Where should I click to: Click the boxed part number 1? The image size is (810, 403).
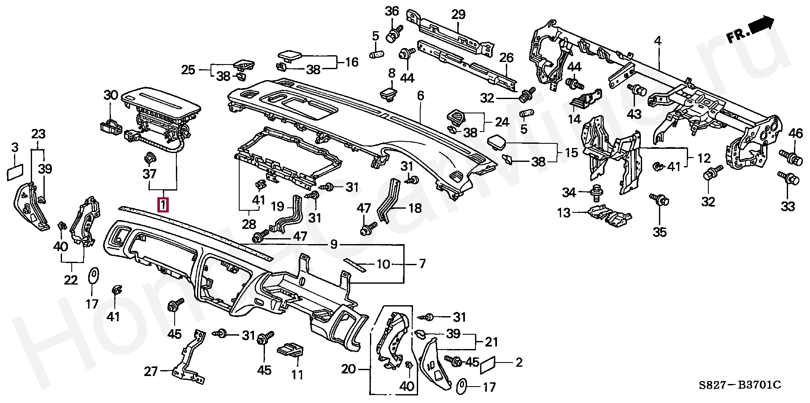tap(163, 205)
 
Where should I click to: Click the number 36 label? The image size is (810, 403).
tap(392, 11)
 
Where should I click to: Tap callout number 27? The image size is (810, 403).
tap(151, 371)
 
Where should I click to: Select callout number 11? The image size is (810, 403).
tap(297, 374)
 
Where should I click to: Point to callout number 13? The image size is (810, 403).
tap(564, 212)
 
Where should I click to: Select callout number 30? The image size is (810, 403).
tap(111, 95)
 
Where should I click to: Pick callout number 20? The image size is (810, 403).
tap(349, 370)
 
